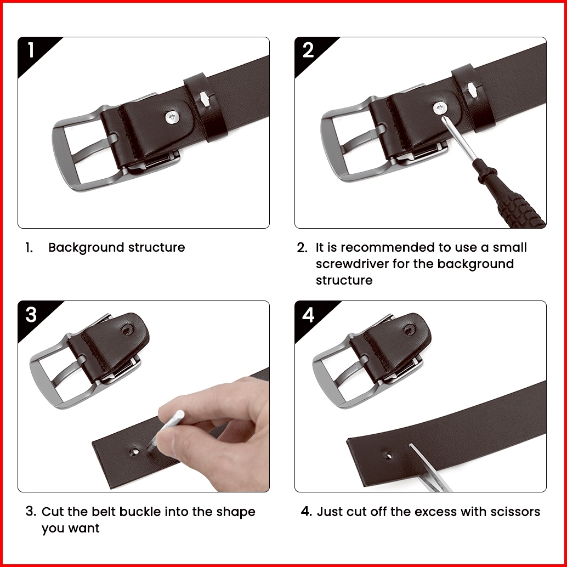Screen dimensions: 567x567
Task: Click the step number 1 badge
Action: pos(31,50)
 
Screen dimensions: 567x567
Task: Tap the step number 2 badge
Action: pos(308,50)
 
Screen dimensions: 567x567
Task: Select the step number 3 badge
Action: pos(31,315)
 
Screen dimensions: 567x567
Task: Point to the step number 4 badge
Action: pos(308,315)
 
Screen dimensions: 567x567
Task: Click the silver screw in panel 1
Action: pos(172,117)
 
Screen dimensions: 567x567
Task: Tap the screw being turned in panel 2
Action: pos(440,108)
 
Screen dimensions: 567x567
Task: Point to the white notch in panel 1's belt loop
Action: pos(205,98)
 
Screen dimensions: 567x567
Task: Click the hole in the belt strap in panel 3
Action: pos(134,452)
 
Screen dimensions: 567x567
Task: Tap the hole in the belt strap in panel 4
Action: pos(388,455)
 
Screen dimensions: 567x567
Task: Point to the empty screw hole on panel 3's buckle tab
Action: pos(127,330)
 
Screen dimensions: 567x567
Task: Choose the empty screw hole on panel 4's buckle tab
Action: pos(409,330)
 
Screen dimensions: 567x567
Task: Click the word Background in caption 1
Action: pos(87,248)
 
